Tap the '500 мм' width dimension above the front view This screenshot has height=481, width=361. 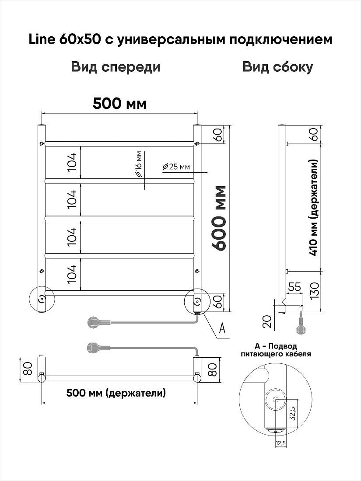[120, 104]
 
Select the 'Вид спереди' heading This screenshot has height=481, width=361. [116, 67]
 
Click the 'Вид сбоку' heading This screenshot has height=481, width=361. [278, 67]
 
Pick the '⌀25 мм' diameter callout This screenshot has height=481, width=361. [176, 167]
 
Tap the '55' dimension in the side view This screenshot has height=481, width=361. [294, 287]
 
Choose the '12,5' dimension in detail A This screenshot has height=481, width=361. [280, 443]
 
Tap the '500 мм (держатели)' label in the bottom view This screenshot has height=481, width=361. [116, 393]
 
